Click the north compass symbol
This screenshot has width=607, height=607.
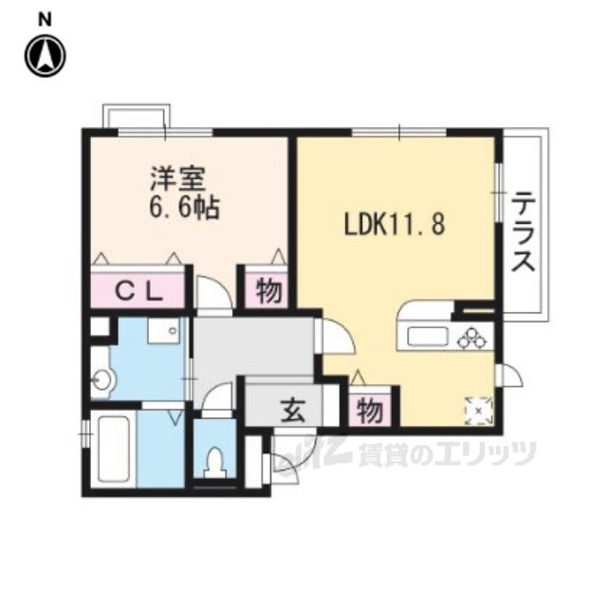[x=46, y=55]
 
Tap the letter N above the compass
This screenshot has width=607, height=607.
[x=46, y=19]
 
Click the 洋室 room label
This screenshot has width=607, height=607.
[x=177, y=179]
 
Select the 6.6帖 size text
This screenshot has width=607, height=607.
[x=184, y=208]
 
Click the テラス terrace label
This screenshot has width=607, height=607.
[x=524, y=231]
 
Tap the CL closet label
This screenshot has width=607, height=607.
[x=139, y=292]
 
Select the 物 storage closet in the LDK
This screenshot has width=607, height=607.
[x=371, y=411]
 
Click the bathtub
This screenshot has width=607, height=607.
[x=114, y=449]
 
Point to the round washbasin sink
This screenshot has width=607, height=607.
[x=104, y=379]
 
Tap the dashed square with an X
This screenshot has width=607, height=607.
[x=478, y=410]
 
